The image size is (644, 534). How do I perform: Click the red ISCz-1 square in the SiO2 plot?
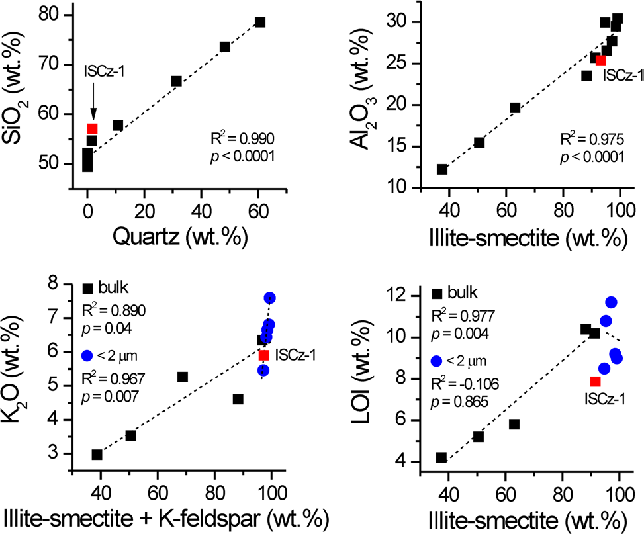(x=92, y=128)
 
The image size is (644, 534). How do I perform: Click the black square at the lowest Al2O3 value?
(x=442, y=169)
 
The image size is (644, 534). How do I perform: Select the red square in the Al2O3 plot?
(x=600, y=60)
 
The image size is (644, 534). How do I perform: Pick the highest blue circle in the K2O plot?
(x=269, y=298)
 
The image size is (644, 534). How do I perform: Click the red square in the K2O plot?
(x=263, y=355)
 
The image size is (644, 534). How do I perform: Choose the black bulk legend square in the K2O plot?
(x=87, y=289)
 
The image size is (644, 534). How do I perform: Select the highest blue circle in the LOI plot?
(x=611, y=302)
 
